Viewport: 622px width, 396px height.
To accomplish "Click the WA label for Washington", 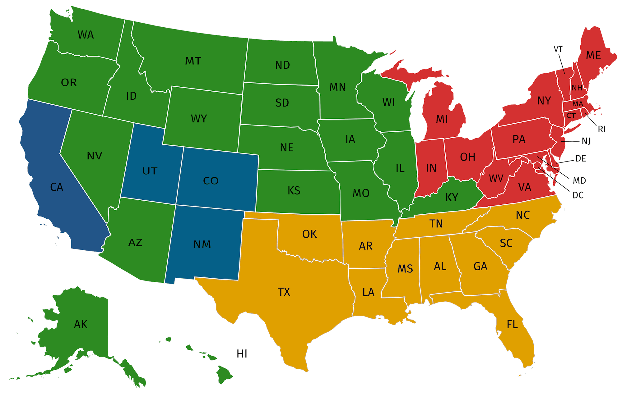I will (86, 35).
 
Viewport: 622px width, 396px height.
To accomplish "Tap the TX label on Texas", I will (284, 292).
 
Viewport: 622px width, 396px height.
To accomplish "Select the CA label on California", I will (57, 187).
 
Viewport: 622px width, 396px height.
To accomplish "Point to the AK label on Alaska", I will (81, 324).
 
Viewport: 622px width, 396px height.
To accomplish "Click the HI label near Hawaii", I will (242, 353).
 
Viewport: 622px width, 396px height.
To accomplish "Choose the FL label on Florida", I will (512, 325).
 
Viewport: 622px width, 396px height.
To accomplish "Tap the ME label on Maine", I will (593, 56).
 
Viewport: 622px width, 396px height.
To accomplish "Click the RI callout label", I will (601, 129).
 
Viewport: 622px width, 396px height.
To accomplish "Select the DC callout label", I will (578, 195).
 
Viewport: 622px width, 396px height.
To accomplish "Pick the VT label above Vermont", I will (558, 49).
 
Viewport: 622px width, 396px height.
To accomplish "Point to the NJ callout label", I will (586, 142).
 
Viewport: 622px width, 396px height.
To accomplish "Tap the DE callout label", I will (580, 158).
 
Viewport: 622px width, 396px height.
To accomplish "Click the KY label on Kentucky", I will (452, 197).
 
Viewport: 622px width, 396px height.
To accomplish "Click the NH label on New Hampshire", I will (577, 88).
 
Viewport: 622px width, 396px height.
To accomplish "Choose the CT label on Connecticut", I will (571, 116).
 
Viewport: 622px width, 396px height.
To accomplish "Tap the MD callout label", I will (579, 180).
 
